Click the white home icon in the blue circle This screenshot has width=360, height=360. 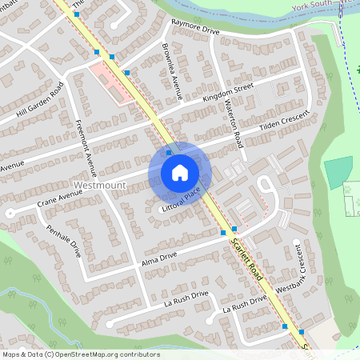coord(180,172)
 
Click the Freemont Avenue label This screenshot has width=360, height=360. coord(86,148)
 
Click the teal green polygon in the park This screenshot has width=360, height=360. coord(338,171)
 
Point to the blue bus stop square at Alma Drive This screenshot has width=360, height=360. coord(223,232)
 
